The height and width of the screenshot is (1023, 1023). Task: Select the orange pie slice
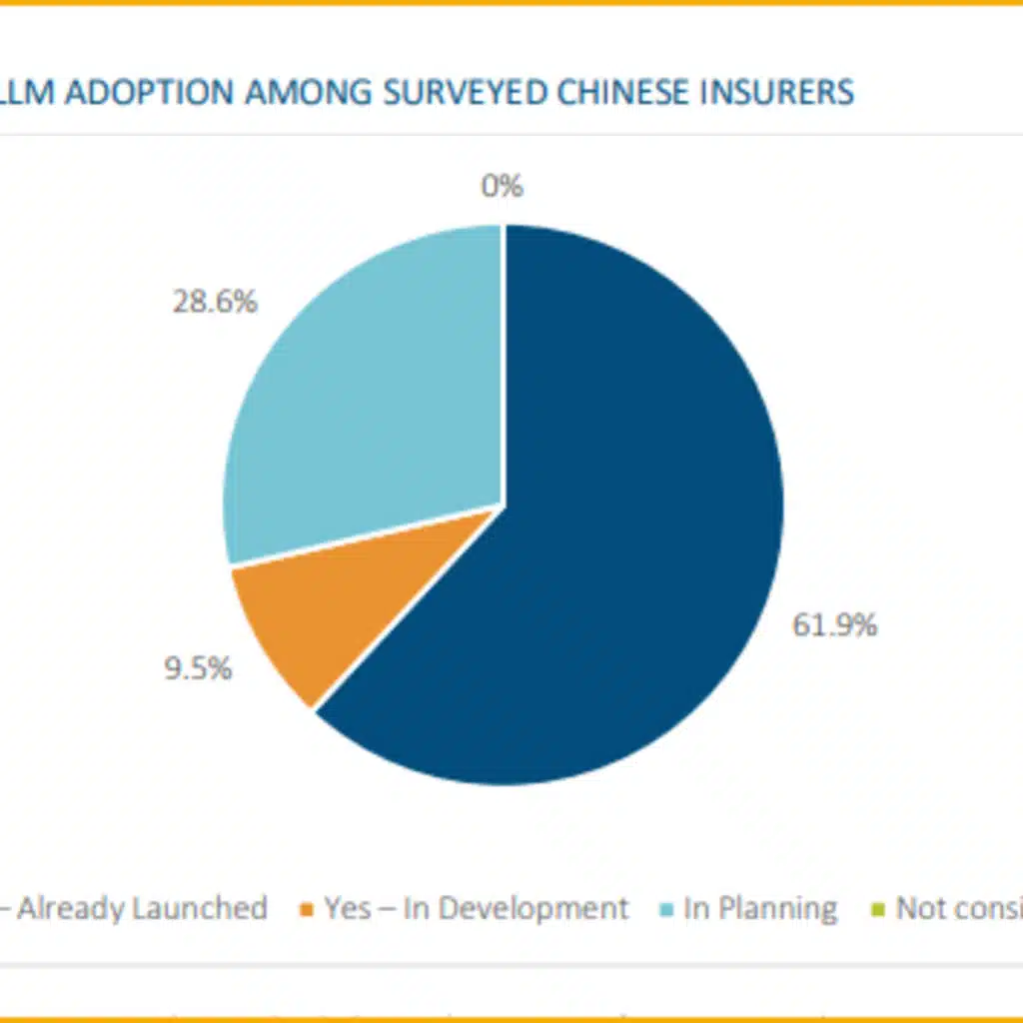coord(330,609)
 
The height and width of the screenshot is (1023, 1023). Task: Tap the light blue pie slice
coord(370,400)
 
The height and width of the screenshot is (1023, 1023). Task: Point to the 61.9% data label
coord(834,625)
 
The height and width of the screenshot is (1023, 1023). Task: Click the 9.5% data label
coord(198,668)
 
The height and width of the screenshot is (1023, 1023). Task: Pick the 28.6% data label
coord(215,302)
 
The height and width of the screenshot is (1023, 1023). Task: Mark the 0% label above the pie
coord(503,186)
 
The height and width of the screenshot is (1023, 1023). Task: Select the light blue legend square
coord(665,910)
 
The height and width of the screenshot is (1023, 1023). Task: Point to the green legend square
coord(878,910)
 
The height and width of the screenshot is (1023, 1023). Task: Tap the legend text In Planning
coord(760,909)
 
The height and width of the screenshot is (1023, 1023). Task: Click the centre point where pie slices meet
coord(503,506)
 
